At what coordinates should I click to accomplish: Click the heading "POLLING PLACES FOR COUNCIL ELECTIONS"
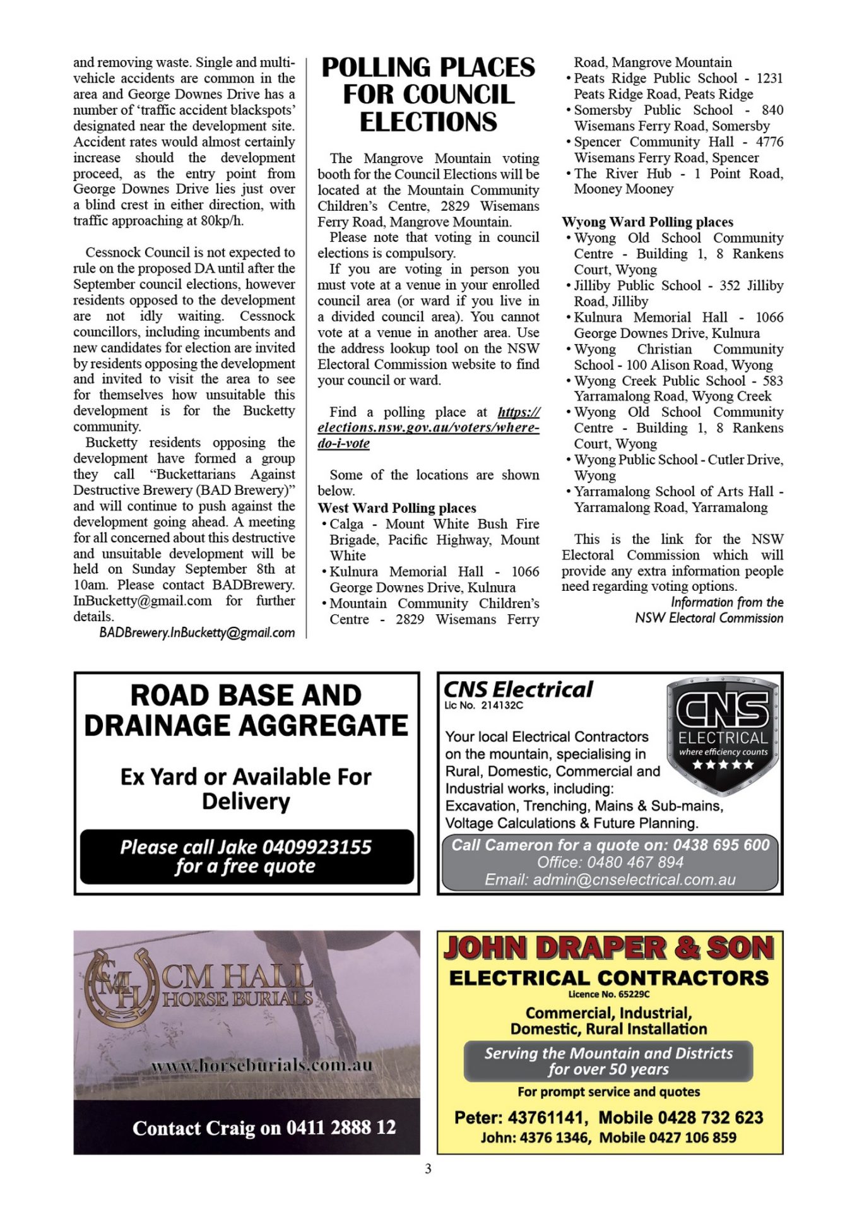428,94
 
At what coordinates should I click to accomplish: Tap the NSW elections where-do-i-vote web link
428,427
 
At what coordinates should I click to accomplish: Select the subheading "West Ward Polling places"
397,508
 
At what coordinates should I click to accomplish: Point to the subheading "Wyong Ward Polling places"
647,222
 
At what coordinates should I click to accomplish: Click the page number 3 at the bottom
428,1168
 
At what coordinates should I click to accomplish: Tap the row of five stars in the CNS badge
723,765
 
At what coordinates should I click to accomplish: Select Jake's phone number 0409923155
316,847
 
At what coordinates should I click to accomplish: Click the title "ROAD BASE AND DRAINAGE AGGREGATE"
246,710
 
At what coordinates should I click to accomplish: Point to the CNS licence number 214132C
502,706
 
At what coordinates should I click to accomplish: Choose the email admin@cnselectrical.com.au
634,879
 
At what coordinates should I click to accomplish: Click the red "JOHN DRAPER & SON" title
609,948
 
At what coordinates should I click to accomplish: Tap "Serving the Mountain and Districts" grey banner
608,1061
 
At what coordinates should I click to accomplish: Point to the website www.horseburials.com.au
262,1066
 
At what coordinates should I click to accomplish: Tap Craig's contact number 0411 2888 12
341,1127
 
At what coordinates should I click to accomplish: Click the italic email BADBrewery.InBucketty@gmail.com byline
197,633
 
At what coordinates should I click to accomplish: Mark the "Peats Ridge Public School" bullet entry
678,86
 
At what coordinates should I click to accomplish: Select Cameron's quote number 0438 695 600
721,845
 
